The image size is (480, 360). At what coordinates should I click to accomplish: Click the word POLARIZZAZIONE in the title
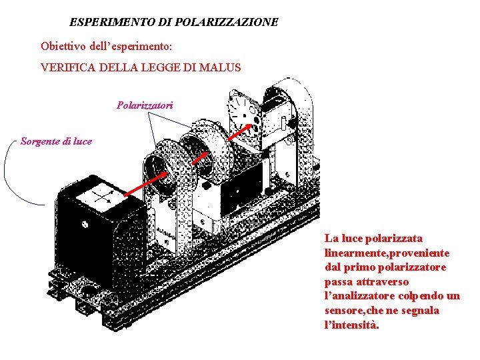pos(227,22)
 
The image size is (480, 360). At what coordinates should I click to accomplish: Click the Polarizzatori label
pos(145,105)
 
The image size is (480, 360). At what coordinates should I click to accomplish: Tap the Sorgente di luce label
pos(56,141)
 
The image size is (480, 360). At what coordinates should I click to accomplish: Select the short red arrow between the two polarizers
pos(201,155)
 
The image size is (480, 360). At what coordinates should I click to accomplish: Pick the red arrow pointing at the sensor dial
pos(241,132)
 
